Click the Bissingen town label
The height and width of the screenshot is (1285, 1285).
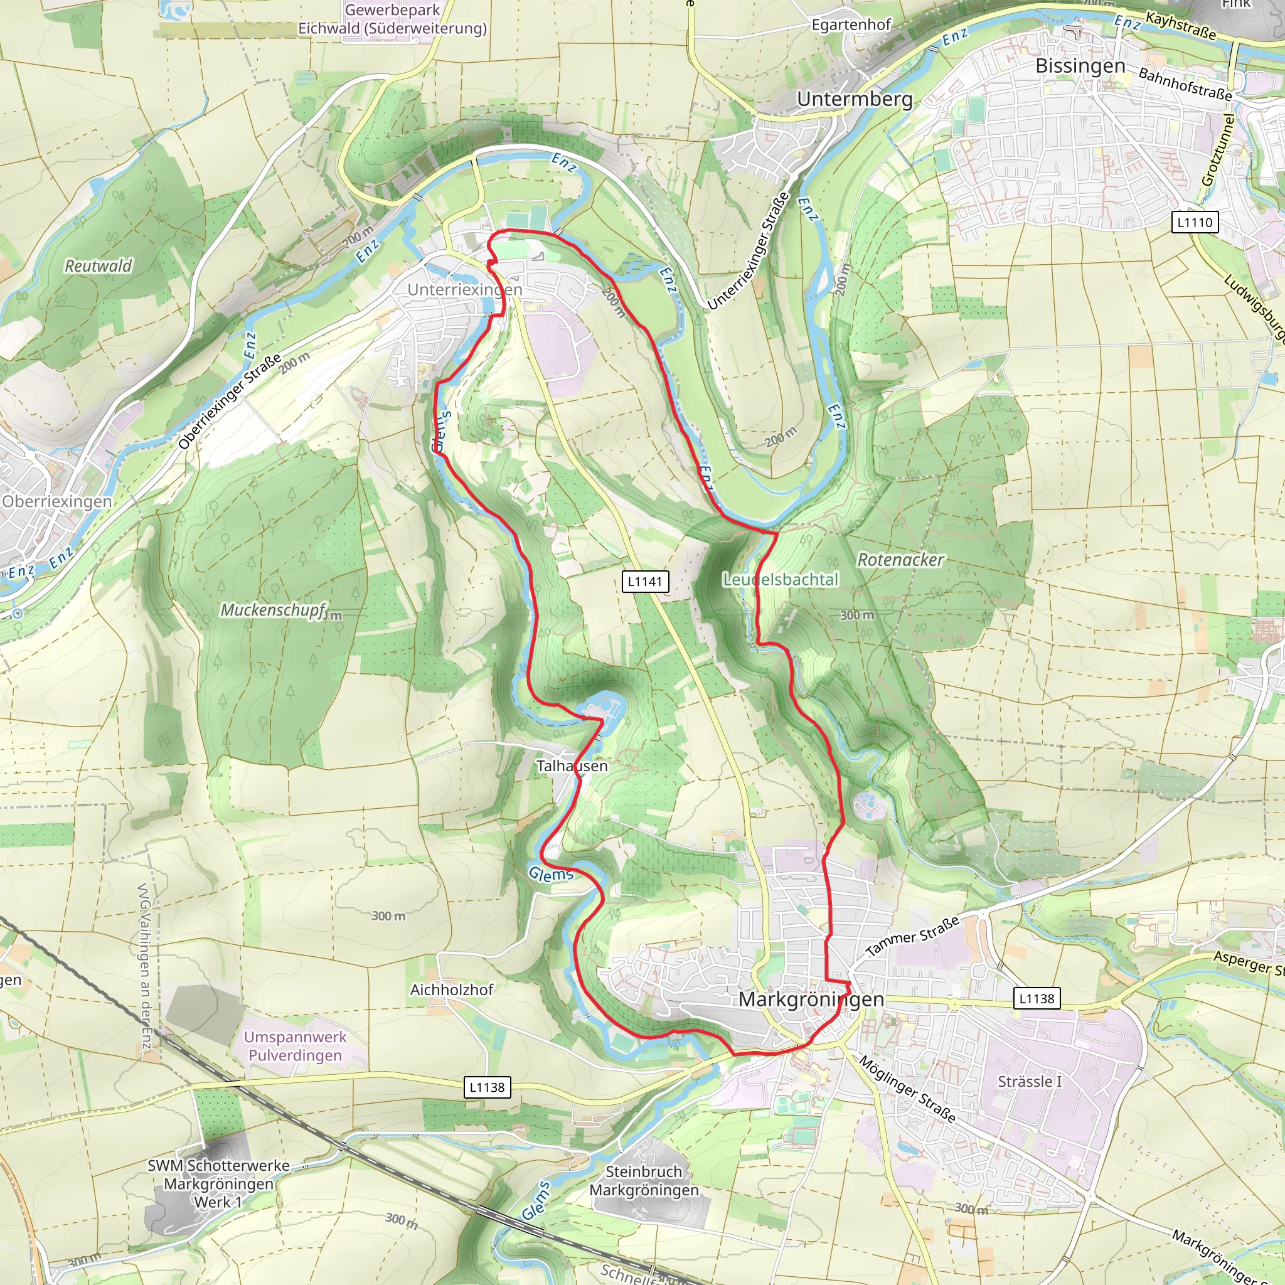[x=1080, y=66]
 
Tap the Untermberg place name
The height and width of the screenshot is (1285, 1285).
[x=855, y=99]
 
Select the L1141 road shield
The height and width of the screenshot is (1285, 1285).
[x=645, y=581]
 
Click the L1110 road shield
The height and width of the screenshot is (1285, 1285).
[x=1195, y=222]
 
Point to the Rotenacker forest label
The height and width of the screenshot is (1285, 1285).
[x=900, y=560]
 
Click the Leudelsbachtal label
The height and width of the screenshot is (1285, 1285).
[x=781, y=579]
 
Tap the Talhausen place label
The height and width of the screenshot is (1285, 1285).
[x=572, y=765]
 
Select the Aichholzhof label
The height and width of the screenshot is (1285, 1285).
[x=452, y=989]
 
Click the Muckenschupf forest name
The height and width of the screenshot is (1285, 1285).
[x=274, y=610]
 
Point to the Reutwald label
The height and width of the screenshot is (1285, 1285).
[x=99, y=266]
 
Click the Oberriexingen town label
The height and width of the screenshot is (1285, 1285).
[x=57, y=501]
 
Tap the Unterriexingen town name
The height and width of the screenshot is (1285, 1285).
[x=465, y=289]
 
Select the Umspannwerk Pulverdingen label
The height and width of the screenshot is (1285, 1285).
[x=296, y=1046]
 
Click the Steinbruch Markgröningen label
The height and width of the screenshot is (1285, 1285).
[x=644, y=1181]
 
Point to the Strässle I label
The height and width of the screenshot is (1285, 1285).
[x=1030, y=1082]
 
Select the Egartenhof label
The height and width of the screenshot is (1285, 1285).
[x=851, y=24]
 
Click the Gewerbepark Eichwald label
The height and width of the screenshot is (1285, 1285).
[x=392, y=19]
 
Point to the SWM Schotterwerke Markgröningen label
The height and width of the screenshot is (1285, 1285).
[x=218, y=1184]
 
